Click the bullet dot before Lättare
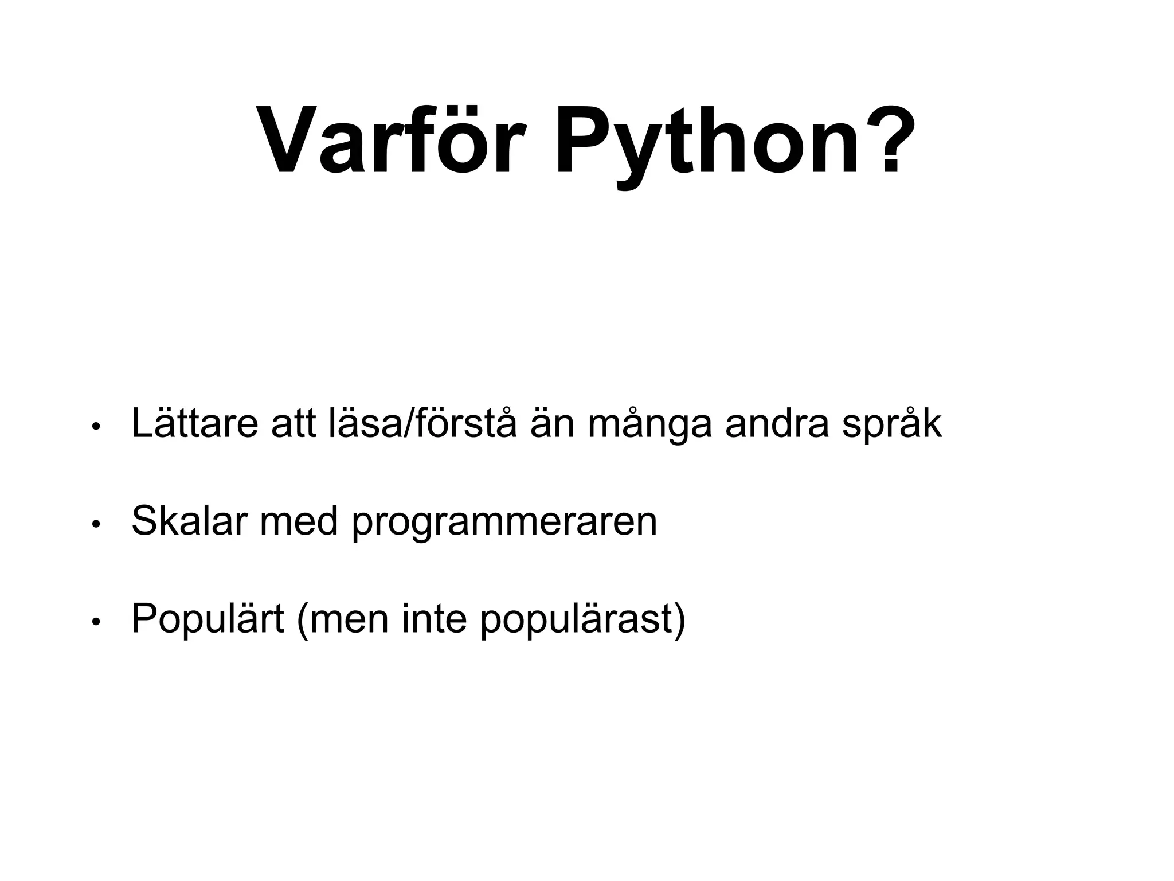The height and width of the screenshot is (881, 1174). click(x=97, y=427)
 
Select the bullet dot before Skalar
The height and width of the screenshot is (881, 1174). click(x=97, y=524)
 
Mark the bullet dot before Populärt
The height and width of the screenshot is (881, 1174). click(x=97, y=622)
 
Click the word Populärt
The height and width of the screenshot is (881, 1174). click(x=208, y=619)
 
